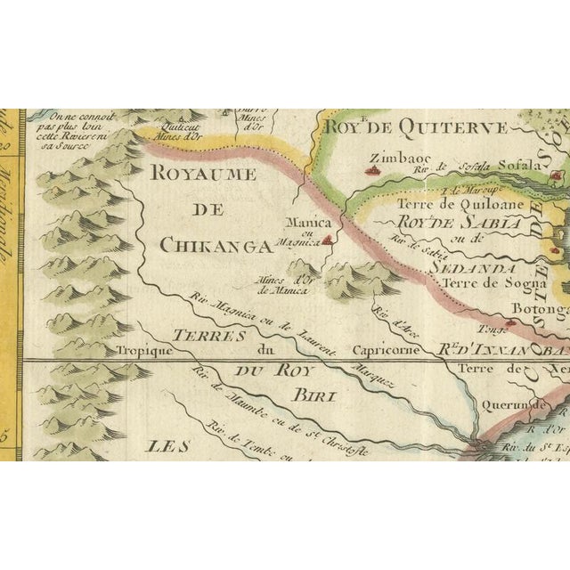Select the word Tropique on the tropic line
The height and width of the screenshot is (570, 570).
coord(142,351)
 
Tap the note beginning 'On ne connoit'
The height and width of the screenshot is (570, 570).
coord(68,132)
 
